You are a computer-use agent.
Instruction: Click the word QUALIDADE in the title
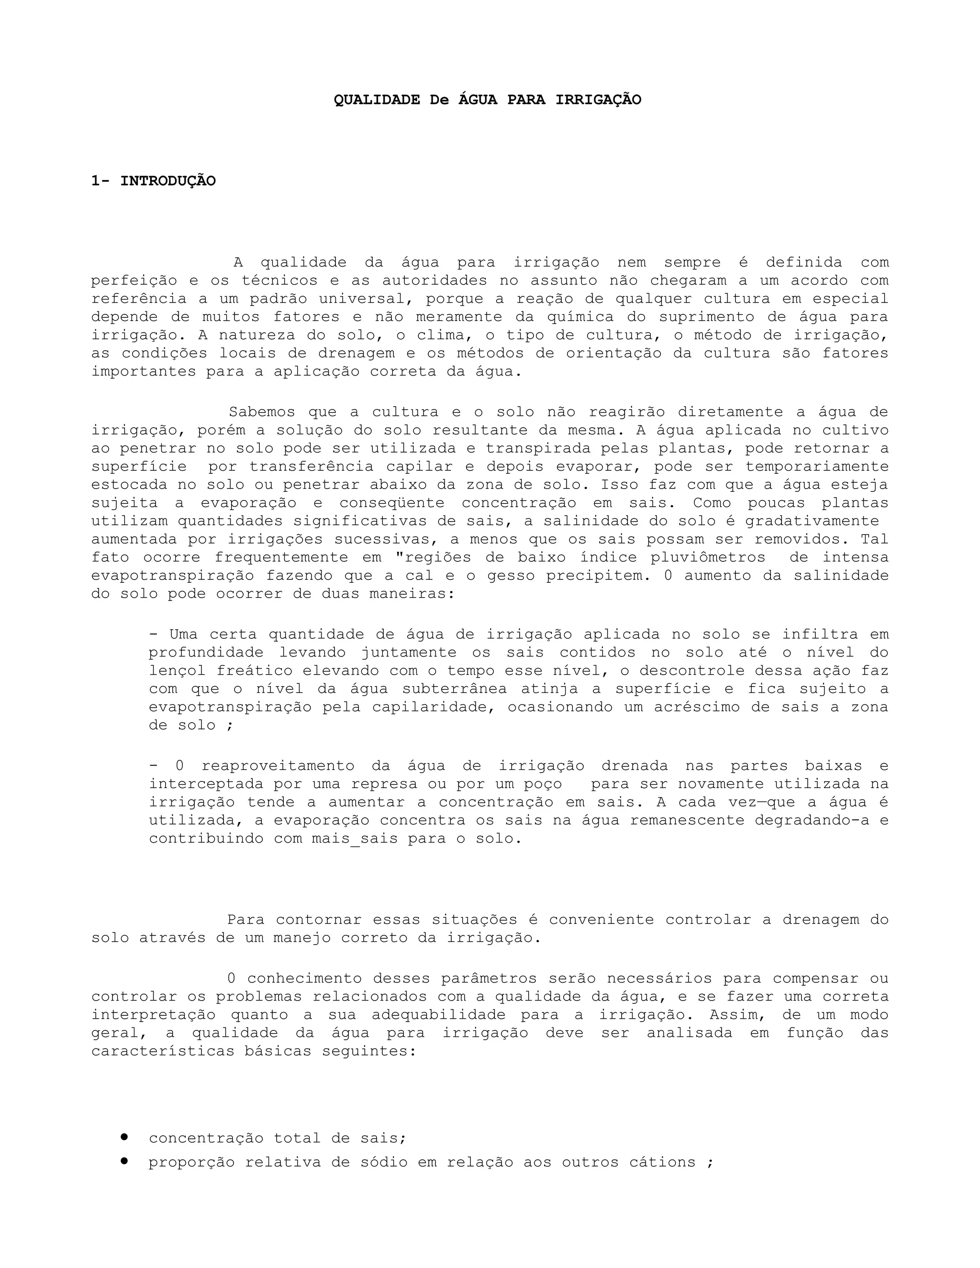(x=376, y=100)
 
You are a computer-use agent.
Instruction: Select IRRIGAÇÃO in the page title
(x=598, y=100)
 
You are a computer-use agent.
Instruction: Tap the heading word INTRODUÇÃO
(x=168, y=181)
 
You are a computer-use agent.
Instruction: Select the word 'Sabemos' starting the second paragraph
(x=262, y=412)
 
